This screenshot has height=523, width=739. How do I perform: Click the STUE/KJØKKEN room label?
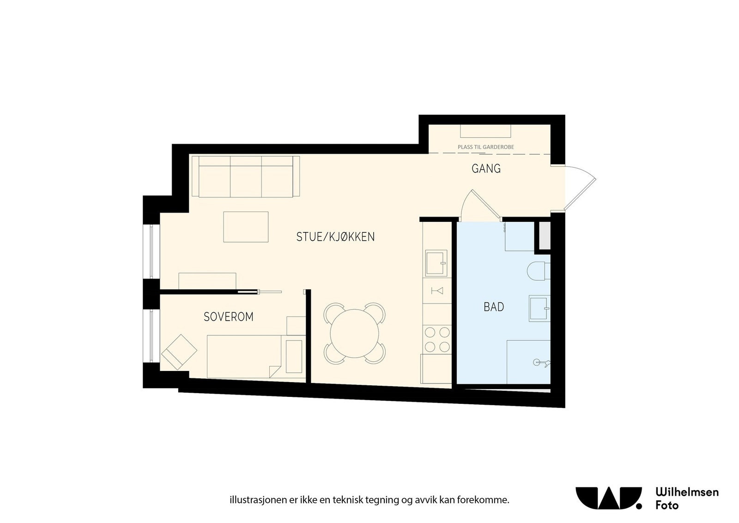pyautogui.click(x=335, y=237)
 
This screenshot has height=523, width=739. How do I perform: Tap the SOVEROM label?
pyautogui.click(x=229, y=317)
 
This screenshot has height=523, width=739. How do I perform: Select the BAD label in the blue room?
pyautogui.click(x=494, y=307)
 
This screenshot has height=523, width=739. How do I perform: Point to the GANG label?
pyautogui.click(x=486, y=169)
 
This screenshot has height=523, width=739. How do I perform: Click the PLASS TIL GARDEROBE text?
pyautogui.click(x=485, y=147)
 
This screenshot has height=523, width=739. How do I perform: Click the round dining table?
pyautogui.click(x=354, y=333)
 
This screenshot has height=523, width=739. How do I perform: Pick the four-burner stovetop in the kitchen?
pyautogui.click(x=437, y=339)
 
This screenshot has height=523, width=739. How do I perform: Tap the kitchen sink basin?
pyautogui.click(x=435, y=263)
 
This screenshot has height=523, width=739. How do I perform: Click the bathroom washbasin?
pyautogui.click(x=539, y=308)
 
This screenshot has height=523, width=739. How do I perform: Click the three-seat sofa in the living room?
pyautogui.click(x=245, y=176)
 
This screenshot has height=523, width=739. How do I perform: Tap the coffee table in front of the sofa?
pyautogui.click(x=246, y=227)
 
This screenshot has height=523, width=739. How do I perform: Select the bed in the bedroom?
pyautogui.click(x=244, y=357)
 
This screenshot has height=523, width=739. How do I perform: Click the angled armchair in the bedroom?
pyautogui.click(x=179, y=352)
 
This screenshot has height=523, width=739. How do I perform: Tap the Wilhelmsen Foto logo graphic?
pyautogui.click(x=608, y=498)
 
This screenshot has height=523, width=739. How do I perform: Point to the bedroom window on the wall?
pyautogui.click(x=151, y=336)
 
